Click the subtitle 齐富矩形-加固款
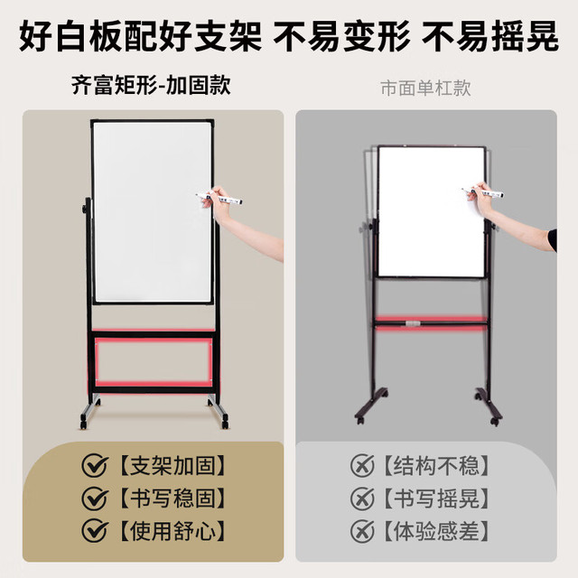(x=151, y=86)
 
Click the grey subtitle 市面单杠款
(x=425, y=89)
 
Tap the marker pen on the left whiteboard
(x=219, y=199)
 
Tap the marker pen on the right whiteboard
(x=483, y=192)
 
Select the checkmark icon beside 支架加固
(x=95, y=466)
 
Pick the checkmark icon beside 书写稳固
(x=95, y=498)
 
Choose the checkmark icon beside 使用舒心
(x=95, y=530)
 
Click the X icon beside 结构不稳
(x=362, y=466)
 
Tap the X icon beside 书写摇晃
(x=362, y=498)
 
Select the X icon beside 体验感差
(x=362, y=531)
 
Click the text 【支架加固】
(x=172, y=466)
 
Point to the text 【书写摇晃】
(x=436, y=499)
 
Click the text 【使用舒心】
(x=172, y=531)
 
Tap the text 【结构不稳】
(x=436, y=466)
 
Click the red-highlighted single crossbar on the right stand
(x=431, y=323)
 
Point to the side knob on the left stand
(x=85, y=210)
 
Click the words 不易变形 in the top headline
(x=341, y=36)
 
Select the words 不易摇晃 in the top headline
(x=490, y=36)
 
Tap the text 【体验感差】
(x=436, y=531)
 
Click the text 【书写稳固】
(x=172, y=499)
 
